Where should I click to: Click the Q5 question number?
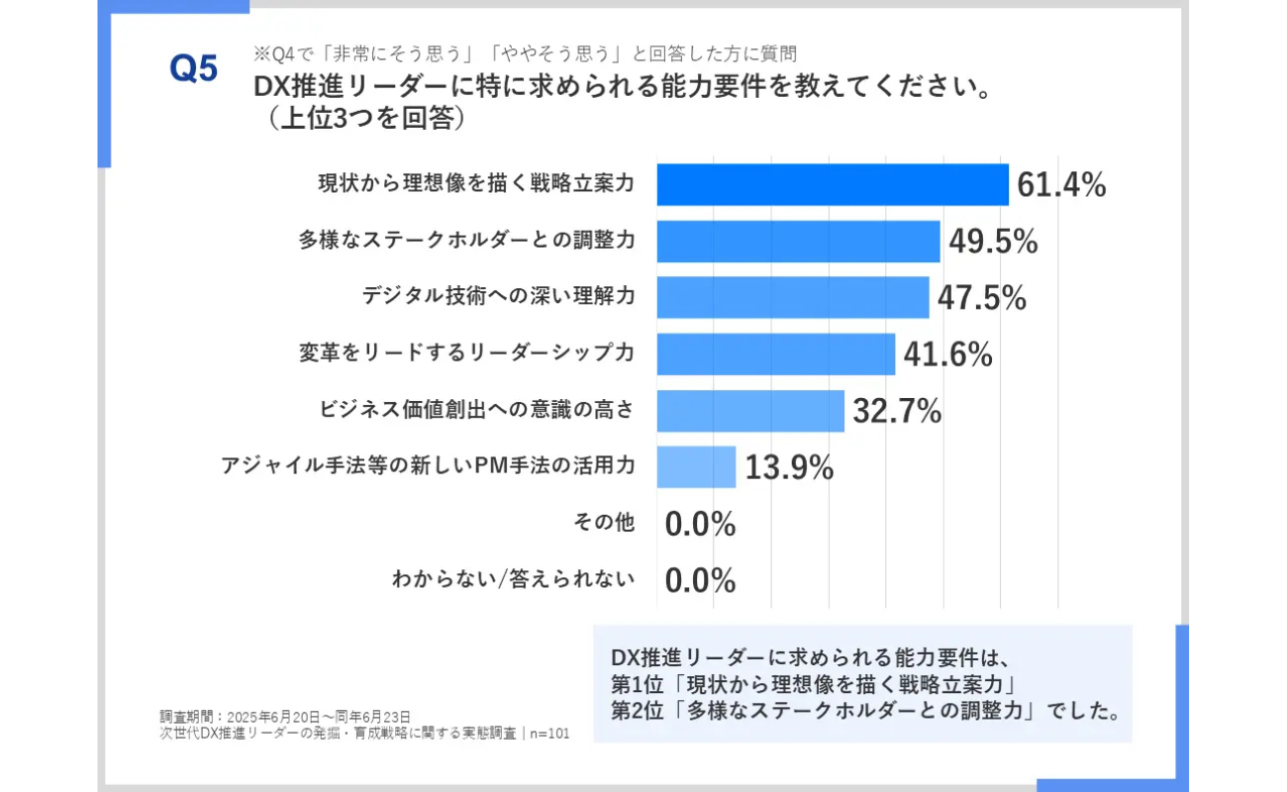(193, 68)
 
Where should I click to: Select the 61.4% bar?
(832, 184)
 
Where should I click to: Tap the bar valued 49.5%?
(797, 241)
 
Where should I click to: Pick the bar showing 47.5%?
(792, 297)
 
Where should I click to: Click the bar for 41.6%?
(775, 353)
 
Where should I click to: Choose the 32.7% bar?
(749, 410)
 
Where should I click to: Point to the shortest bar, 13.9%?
(696, 466)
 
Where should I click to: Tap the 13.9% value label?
(789, 466)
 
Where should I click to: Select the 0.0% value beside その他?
(700, 524)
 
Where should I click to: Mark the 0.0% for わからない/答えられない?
(700, 580)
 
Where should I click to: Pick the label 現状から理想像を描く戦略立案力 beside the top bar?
(475, 183)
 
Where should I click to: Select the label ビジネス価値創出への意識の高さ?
(476, 409)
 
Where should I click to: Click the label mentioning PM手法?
(428, 465)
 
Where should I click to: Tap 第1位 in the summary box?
(634, 683)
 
